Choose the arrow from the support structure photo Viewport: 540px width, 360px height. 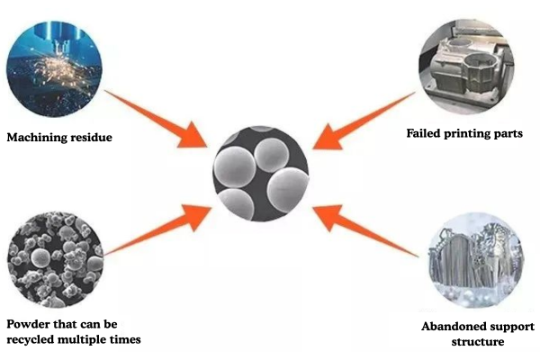(x=360, y=229)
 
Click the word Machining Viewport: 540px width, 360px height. (x=36, y=138)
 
